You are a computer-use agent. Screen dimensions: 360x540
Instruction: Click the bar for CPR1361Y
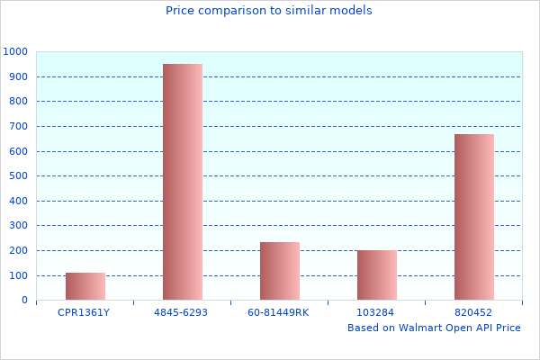pyautogui.click(x=85, y=286)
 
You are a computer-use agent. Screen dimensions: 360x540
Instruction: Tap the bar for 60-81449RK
pyautogui.click(x=280, y=271)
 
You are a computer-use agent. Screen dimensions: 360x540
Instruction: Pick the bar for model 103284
pyautogui.click(x=377, y=274)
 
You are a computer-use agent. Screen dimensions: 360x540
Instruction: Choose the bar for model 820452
pyautogui.click(x=474, y=217)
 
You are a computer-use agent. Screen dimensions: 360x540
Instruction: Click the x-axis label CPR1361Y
pyautogui.click(x=84, y=312)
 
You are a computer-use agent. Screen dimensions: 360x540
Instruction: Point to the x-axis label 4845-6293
pyautogui.click(x=182, y=312)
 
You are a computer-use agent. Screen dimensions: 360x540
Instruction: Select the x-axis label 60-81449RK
pyautogui.click(x=278, y=312)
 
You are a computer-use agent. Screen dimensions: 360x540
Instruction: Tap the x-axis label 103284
pyautogui.click(x=376, y=312)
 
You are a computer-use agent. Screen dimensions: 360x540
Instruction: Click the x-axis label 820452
pyautogui.click(x=473, y=312)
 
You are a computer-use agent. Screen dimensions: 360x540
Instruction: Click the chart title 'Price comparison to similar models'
pyautogui.click(x=269, y=11)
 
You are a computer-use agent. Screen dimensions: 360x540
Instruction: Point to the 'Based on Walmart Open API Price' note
pyautogui.click(x=434, y=328)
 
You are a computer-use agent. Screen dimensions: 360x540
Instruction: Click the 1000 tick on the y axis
pyautogui.click(x=14, y=52)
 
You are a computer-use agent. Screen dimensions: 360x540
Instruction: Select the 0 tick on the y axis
pyautogui.click(x=23, y=301)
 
